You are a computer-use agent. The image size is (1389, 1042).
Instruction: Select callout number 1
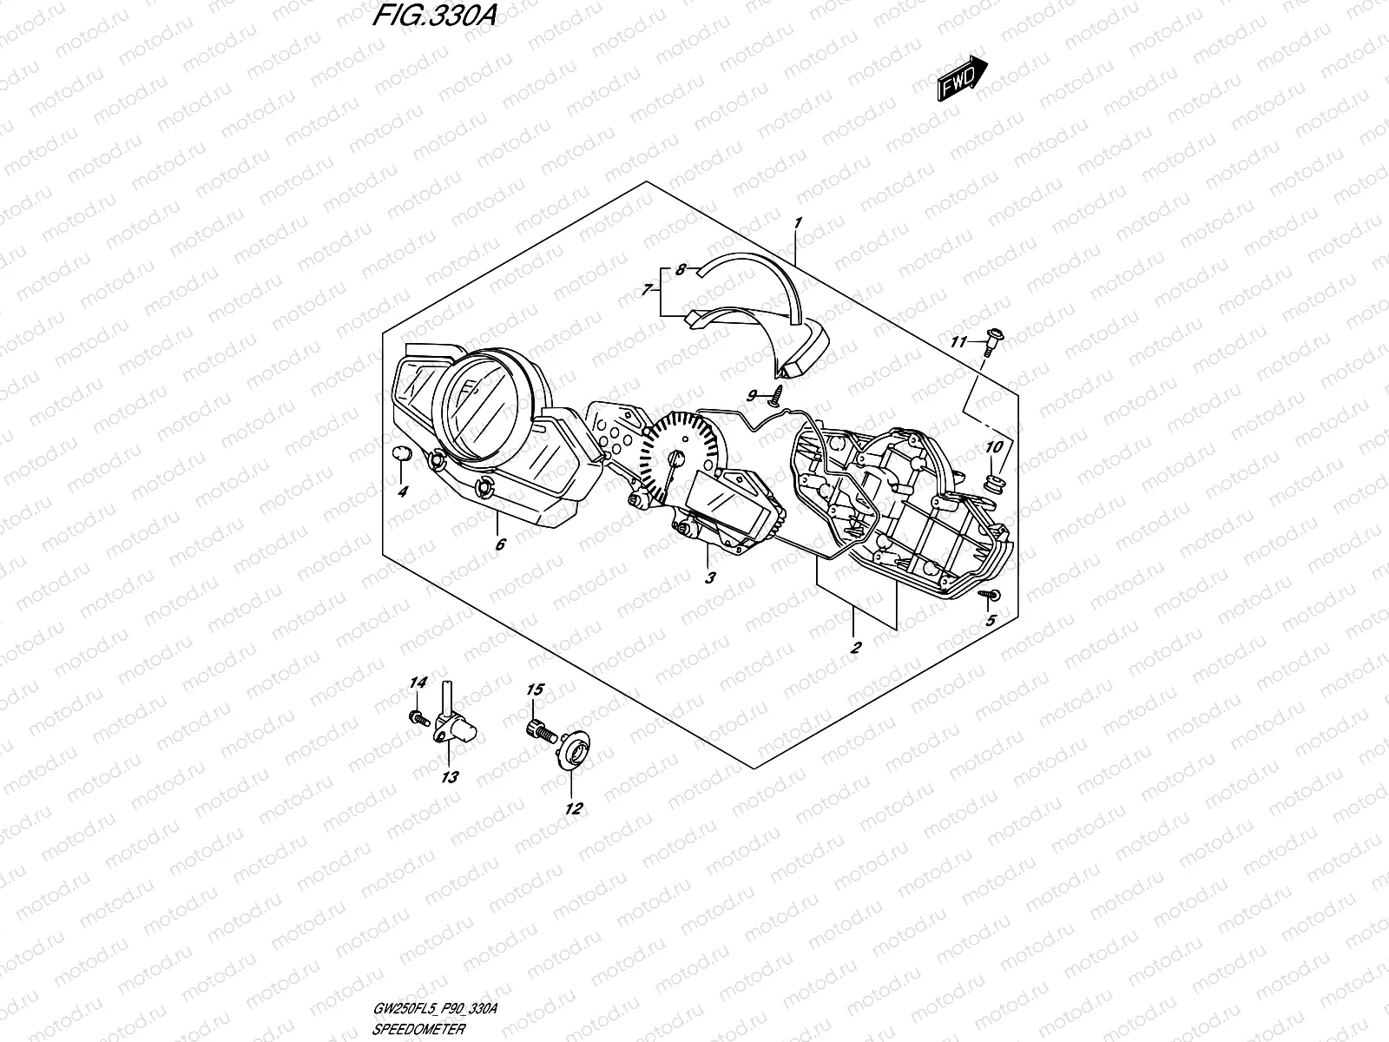click(797, 223)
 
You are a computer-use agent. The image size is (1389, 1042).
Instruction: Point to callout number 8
click(681, 270)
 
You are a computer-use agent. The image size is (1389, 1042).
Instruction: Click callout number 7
click(647, 291)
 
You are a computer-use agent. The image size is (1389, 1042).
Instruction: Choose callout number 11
click(958, 343)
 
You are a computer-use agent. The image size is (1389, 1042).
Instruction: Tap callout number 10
click(994, 446)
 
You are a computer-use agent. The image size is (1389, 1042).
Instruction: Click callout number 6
click(500, 544)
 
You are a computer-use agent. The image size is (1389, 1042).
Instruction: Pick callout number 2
click(855, 647)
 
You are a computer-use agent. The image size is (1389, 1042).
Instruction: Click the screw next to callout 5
click(990, 595)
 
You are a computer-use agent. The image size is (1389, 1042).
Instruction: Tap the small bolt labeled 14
click(418, 718)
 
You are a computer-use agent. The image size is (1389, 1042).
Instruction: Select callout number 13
click(450, 777)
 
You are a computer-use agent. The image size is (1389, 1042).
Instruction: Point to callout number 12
click(573, 808)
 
